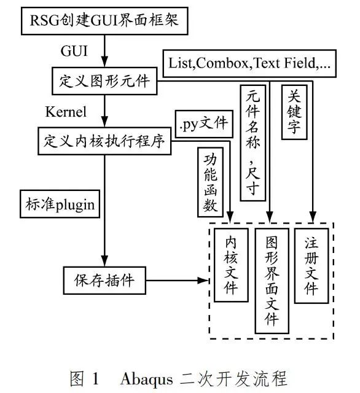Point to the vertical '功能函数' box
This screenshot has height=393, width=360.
pyautogui.click(x=209, y=182)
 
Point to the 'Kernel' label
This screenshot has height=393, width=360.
pyautogui.click(x=66, y=111)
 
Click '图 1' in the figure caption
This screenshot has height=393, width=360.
pyautogui.click(x=85, y=375)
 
